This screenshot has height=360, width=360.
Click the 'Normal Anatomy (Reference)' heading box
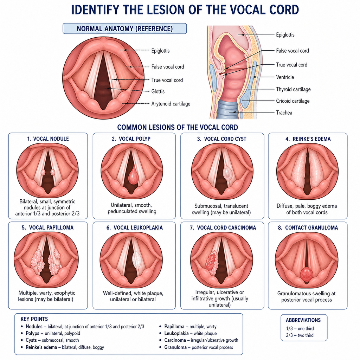tap(125, 29)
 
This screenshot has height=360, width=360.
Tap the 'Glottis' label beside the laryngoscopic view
tap(158, 91)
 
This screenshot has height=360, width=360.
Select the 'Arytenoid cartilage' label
tap(171, 104)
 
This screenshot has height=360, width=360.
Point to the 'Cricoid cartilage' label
tap(293, 101)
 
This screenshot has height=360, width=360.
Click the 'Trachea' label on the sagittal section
tap(284, 113)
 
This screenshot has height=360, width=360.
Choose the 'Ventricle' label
tap(285, 77)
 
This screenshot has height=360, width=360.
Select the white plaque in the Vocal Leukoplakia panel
tap(137, 261)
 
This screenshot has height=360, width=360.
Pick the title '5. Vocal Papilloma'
tap(47, 227)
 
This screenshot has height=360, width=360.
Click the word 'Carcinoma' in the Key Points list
tap(175, 340)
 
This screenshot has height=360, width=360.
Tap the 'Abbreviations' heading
tap(303, 320)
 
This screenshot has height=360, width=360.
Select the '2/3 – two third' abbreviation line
tap(300, 335)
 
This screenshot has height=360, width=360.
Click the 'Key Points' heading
tap(34, 319)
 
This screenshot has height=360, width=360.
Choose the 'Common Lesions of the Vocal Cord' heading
tap(178, 127)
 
